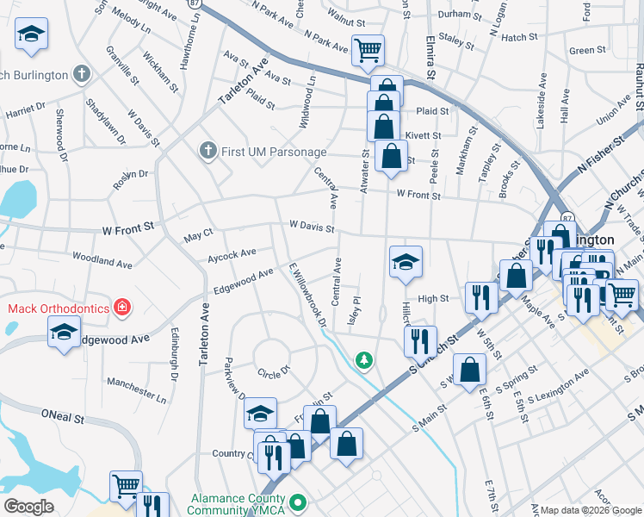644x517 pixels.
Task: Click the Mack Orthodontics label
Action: (59, 308)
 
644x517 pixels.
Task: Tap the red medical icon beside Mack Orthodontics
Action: (122, 308)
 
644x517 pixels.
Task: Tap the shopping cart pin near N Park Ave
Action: (368, 50)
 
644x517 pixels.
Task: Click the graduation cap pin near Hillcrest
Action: (405, 261)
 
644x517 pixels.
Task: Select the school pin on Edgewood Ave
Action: (65, 332)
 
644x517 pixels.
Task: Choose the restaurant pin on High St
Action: (480, 296)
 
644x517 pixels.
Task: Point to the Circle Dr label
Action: (275, 373)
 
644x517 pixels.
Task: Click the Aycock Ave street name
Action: (232, 254)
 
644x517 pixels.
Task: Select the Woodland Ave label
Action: (102, 258)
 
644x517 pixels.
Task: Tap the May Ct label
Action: (198, 236)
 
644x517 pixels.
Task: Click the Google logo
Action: (29, 507)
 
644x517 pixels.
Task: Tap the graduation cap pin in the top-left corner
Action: (32, 34)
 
